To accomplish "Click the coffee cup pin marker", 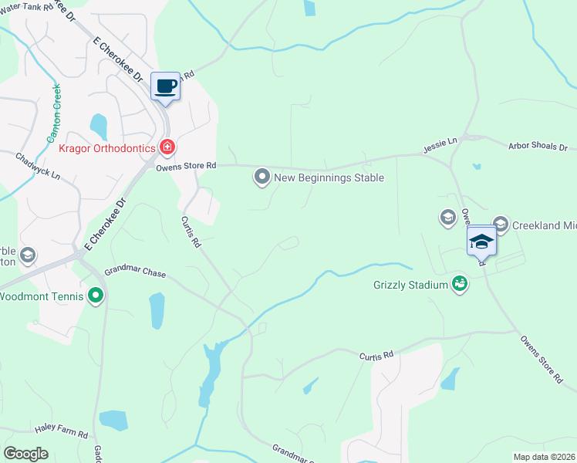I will (165, 86).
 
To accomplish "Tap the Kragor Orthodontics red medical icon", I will (167, 147).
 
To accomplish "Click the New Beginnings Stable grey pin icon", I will (262, 177).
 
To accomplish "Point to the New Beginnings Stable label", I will (329, 178).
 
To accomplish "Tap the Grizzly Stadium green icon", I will (460, 284).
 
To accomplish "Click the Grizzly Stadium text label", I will (410, 285).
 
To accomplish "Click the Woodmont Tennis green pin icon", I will (96, 295).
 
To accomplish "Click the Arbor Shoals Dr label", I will (538, 146).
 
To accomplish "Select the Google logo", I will (26, 453).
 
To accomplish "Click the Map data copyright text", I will (544, 457).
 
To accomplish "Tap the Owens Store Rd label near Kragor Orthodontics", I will (186, 166).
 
